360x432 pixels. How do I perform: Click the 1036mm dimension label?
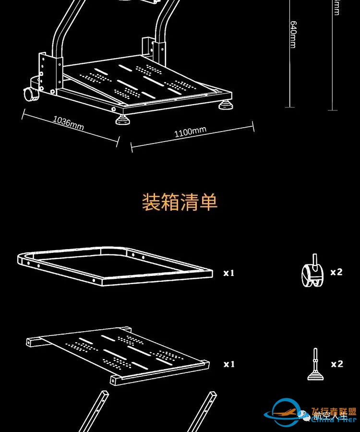point(68,123)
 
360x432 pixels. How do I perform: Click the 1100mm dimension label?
point(190,132)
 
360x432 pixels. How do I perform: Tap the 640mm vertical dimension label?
point(292,34)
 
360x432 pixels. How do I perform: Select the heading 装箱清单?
point(180,202)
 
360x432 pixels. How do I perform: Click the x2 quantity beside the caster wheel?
point(336,272)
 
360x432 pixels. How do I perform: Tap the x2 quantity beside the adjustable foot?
point(337,364)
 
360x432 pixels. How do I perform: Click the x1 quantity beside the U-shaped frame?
point(229,273)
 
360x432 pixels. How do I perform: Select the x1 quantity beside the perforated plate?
point(229,364)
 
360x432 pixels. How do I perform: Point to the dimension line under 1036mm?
point(70,128)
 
